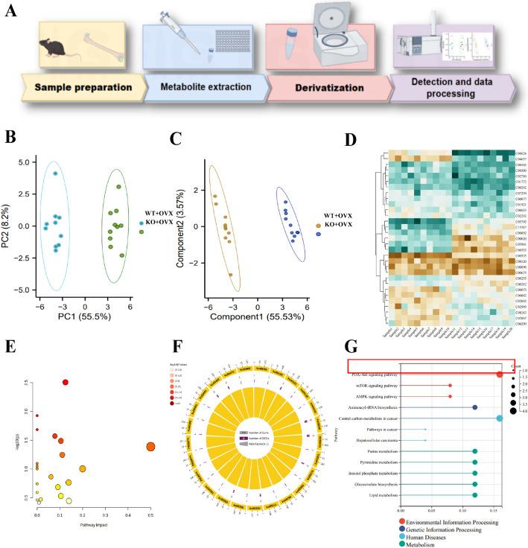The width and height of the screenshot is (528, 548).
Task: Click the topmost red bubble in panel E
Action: point(66,382)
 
